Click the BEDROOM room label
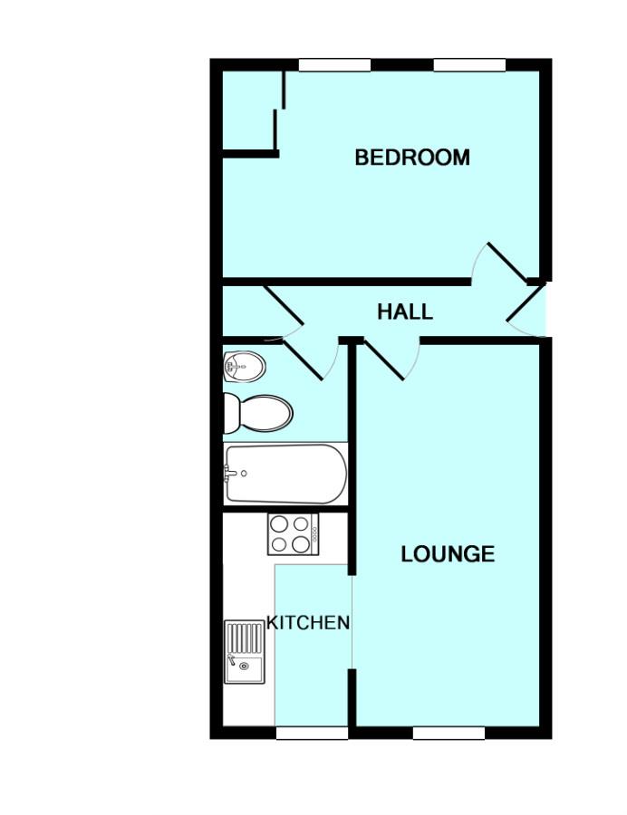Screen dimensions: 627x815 coord(412,158)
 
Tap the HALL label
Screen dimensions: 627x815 coord(405,312)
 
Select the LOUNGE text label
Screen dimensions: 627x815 coord(448,554)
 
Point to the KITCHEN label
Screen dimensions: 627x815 coord(308,622)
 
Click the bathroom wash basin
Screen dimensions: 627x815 coord(245,366)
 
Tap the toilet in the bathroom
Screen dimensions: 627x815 coord(258,413)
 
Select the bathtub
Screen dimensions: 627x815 coord(285,474)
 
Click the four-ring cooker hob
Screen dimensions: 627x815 coord(294,534)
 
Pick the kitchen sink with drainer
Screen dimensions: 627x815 coord(245,652)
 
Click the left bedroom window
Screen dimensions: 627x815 coord(335,65)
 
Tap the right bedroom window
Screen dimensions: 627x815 coord(469,65)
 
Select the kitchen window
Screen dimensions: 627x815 coord(312,733)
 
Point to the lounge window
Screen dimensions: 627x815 coord(449,733)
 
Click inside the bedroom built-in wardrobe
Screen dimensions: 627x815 coord(248,110)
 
